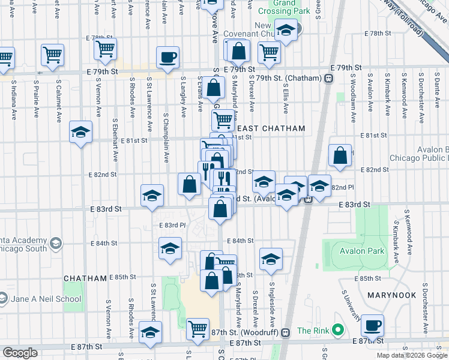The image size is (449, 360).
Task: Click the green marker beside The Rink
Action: tap(338, 330)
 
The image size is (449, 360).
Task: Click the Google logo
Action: tap(20, 353)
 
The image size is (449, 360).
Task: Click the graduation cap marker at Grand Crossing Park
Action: tap(287, 31)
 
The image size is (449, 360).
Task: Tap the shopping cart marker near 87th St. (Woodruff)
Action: tap(197, 328)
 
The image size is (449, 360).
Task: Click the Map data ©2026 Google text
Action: tap(411, 355)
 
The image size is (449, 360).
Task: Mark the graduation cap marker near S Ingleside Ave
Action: tap(271, 259)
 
